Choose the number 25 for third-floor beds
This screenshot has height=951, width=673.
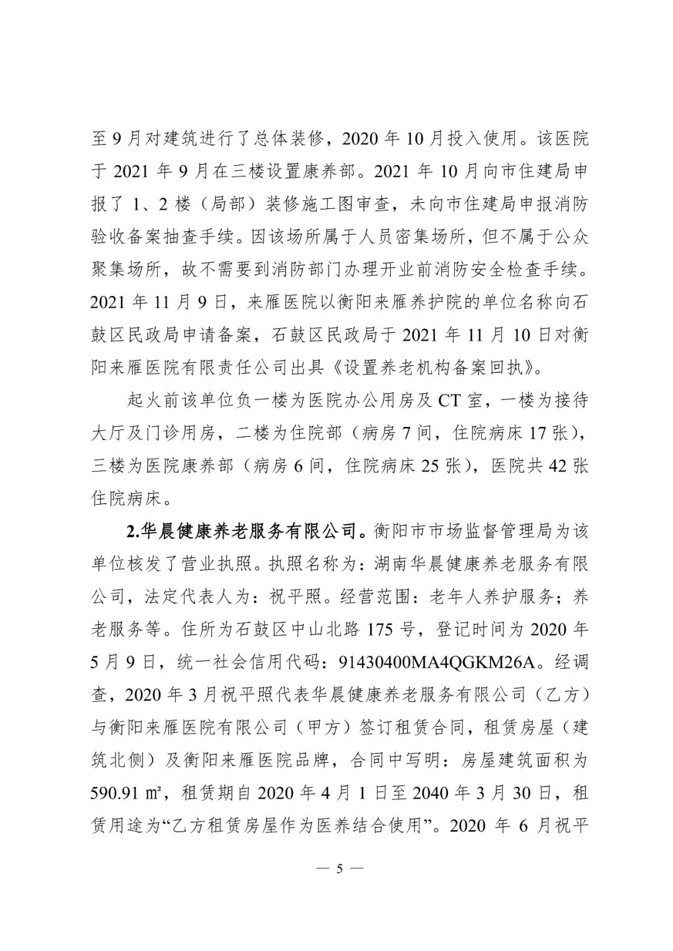click(430, 466)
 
